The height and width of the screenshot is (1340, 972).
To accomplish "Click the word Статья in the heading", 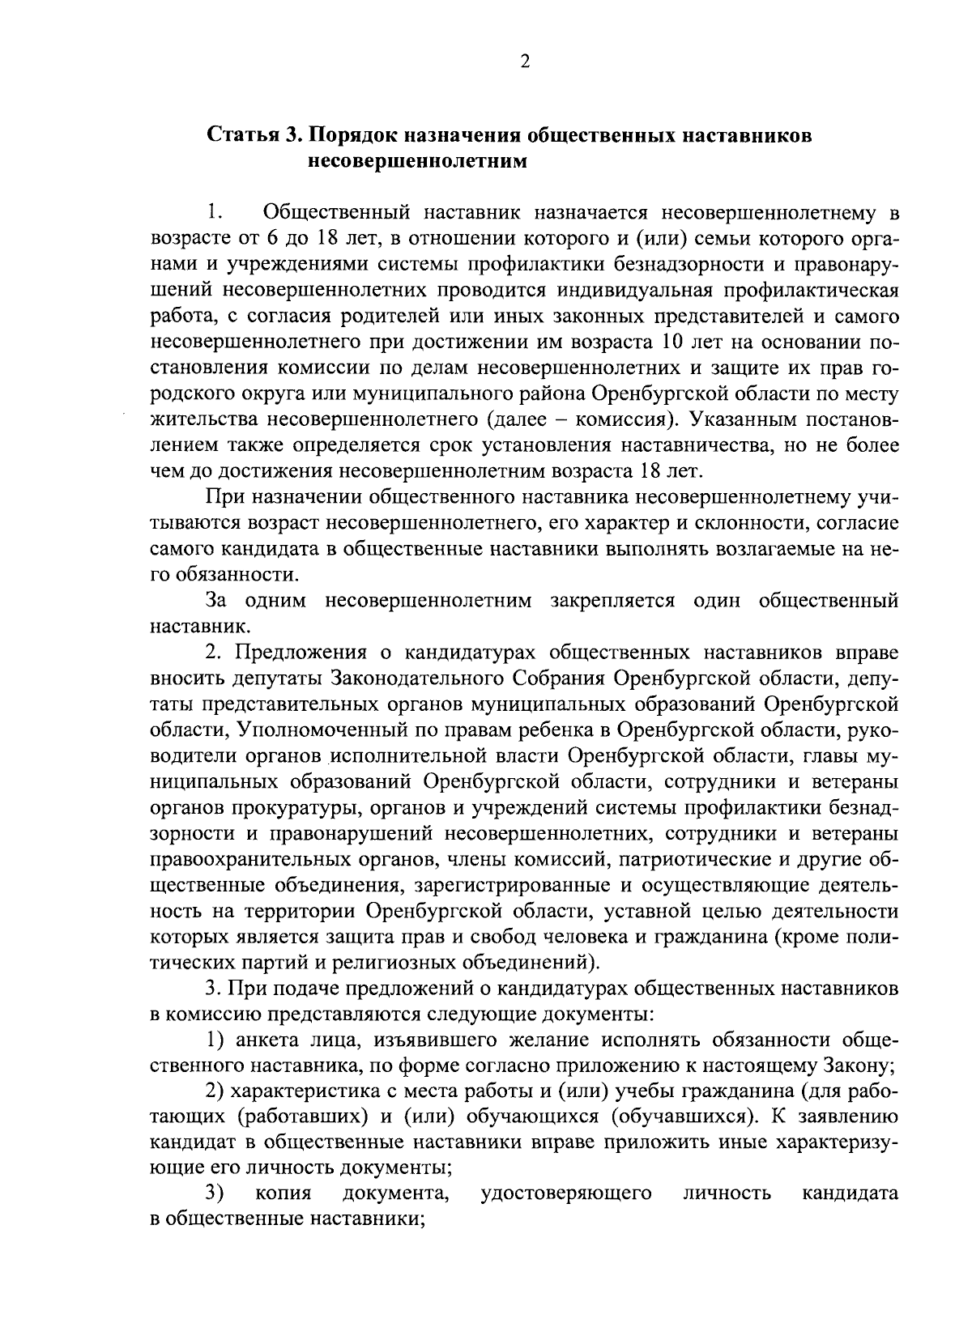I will (240, 135).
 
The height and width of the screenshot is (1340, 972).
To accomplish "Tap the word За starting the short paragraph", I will (218, 601).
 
